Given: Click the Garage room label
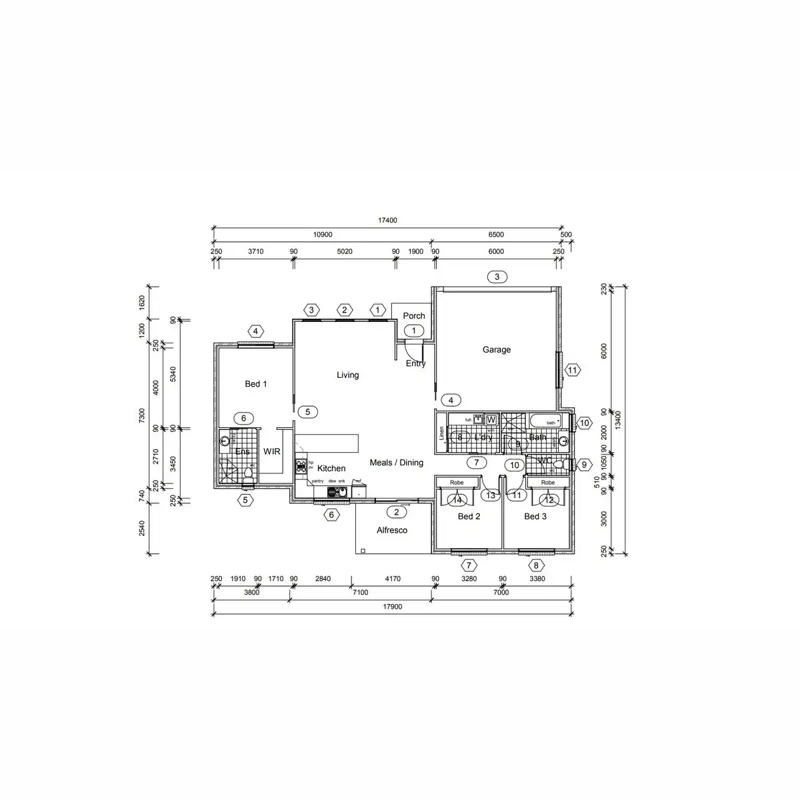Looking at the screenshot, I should (497, 349).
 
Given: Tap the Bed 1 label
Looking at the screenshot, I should (256, 384).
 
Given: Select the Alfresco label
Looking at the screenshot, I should (392, 531).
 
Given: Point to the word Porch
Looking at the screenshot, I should (414, 316).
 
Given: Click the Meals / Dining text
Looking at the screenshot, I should (397, 463).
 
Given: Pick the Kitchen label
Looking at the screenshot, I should (331, 469).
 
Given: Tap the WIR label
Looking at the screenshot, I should (272, 451).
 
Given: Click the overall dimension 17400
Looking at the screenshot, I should (387, 221).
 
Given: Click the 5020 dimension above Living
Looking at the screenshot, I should (344, 252).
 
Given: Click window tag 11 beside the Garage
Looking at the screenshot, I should (573, 370).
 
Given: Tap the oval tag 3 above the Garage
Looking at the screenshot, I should (497, 277).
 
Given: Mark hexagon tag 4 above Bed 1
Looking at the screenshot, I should (255, 331).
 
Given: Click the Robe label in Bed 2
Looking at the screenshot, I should (457, 483).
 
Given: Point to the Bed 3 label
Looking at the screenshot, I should (535, 517).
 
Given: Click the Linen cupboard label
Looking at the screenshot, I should (441, 434).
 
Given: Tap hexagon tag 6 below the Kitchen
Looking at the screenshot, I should (331, 515).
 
